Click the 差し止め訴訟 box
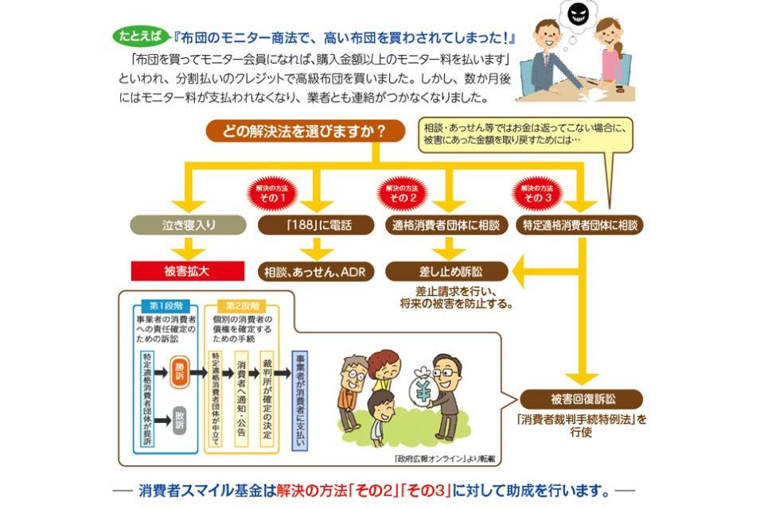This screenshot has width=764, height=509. click(x=446, y=270)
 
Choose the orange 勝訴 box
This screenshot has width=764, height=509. click(x=180, y=371)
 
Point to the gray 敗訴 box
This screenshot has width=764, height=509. click(x=180, y=419)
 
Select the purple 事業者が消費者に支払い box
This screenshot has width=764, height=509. click(x=299, y=401)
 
